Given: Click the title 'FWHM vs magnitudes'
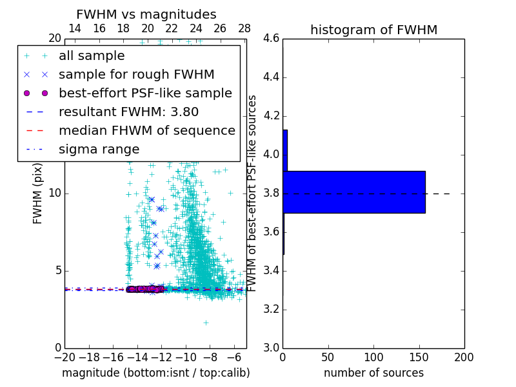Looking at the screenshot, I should coord(146,15).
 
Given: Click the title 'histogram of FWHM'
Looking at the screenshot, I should coord(373,30).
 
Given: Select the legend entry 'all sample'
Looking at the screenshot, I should coord(92,56).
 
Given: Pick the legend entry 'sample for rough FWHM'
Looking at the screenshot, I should coord(136,75).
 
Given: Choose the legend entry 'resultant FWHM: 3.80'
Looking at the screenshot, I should coord(128,112).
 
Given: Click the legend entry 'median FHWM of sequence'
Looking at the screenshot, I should coord(146,130).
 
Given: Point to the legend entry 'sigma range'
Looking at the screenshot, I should coord(99,149).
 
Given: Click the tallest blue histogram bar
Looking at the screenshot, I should coord(353,192).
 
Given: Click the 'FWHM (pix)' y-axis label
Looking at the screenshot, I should coord(38,193).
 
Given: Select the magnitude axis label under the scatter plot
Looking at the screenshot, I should coord(155,373).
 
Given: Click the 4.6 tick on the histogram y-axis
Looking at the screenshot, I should coord(272,39).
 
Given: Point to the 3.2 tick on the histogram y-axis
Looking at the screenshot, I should coord(272,309).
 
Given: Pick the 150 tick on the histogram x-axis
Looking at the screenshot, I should coord(419,357).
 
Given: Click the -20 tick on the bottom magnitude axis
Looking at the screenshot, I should coord(64,357).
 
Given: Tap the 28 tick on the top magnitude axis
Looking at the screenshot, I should coord(244,28).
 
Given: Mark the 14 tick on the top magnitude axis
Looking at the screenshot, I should coord(75,28).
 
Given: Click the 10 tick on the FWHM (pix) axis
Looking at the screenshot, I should coord(54,193).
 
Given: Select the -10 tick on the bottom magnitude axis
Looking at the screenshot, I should coord(186,357).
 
